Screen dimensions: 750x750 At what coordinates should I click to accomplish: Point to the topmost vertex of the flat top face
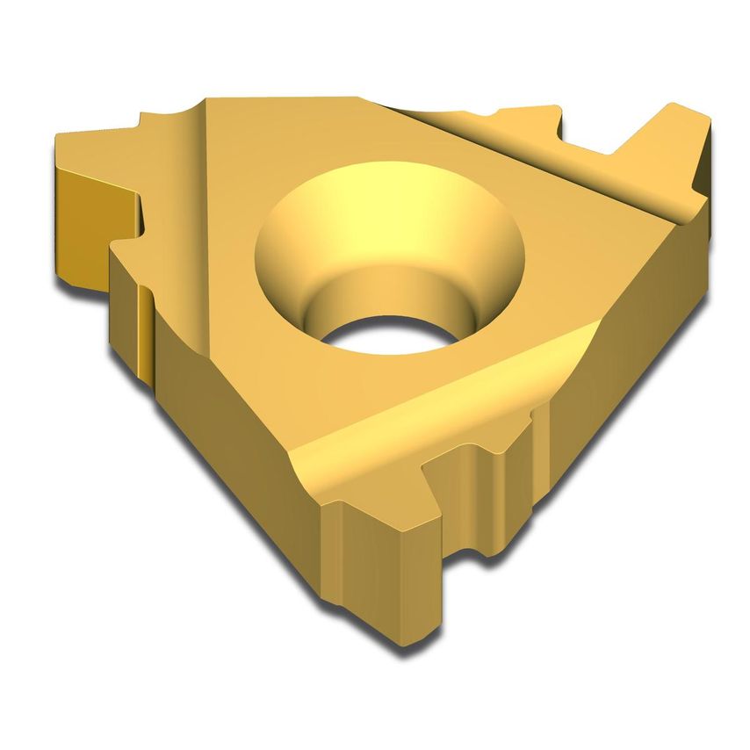(356, 98)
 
